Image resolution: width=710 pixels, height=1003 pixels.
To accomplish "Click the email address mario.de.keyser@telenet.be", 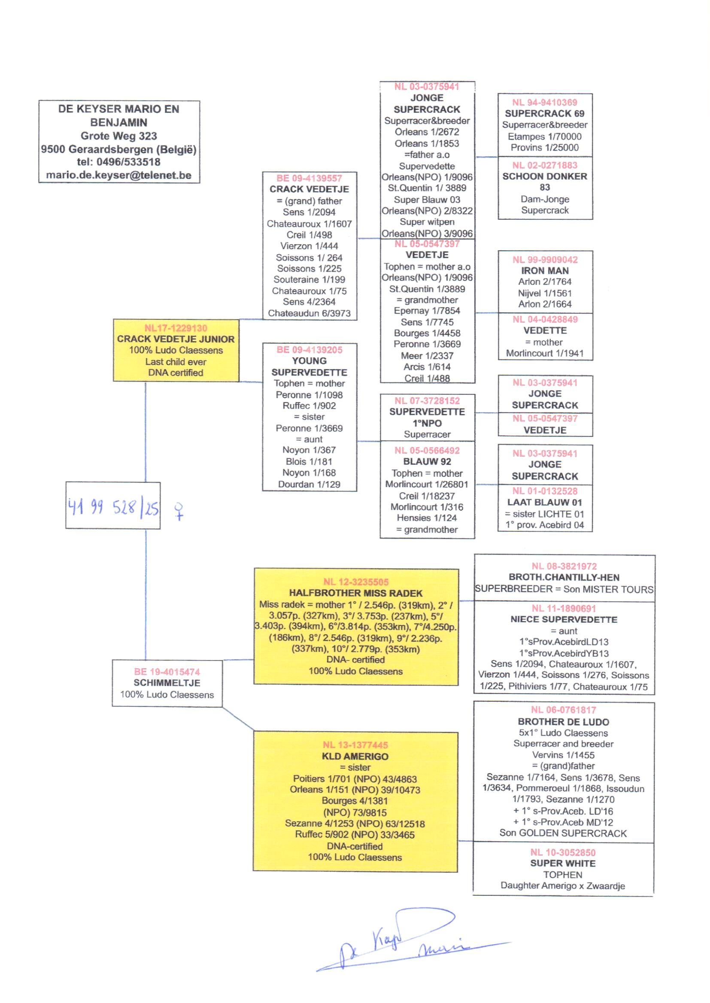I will pos(118,175).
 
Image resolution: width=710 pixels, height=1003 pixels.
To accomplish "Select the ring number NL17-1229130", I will pos(176,328).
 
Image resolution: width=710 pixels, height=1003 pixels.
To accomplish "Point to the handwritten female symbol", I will pos(179,510).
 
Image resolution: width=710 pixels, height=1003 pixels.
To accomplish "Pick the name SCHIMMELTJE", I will pos(167,683).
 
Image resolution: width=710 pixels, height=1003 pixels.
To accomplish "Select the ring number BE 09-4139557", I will pos(309,178).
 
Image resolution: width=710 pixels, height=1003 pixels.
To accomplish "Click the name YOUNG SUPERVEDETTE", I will pos(309,367).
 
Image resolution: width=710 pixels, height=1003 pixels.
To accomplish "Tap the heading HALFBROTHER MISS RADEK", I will pos(355,593).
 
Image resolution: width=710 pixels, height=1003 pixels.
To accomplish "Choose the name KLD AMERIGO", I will pos(355,756).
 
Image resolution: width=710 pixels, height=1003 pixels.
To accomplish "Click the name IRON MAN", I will pos(545,270).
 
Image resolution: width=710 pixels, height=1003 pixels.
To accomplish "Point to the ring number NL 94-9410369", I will pos(545,103).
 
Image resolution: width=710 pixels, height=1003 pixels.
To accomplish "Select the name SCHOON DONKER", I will pos(545,176).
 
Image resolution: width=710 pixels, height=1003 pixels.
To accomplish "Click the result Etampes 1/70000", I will pos(545,136).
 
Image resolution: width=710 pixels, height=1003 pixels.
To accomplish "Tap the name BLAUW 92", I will pos(427,461).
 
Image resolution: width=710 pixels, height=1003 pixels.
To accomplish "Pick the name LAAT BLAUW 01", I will pos(545,503).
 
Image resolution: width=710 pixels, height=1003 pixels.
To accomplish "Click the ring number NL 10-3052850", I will pos(563,852).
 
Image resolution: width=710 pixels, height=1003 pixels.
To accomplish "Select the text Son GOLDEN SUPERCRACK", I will pos(563,833).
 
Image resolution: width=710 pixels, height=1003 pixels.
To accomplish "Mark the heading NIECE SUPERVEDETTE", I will pos(564,619).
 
